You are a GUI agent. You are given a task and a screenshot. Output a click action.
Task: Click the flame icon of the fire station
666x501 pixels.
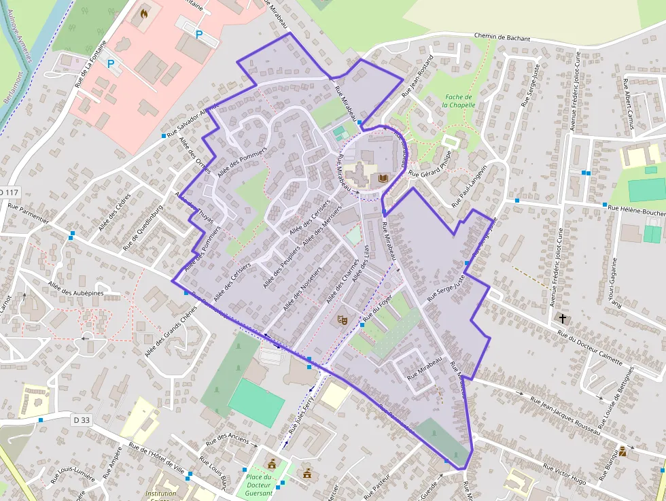coord(144,12)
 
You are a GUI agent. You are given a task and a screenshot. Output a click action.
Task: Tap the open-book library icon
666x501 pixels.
coord(382,179)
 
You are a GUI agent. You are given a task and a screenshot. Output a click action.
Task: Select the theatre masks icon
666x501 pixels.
coord(343,318)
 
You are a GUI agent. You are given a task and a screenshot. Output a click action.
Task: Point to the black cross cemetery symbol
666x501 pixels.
coord(562,318)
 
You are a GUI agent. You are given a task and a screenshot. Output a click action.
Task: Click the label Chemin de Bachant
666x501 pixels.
coord(502,38)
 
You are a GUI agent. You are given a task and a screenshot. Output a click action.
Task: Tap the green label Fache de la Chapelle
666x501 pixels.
coord(457,101)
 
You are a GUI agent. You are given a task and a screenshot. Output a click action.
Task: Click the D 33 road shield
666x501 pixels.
coord(81,420)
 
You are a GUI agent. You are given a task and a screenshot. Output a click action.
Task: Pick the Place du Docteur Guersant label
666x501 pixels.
coord(258,485)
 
